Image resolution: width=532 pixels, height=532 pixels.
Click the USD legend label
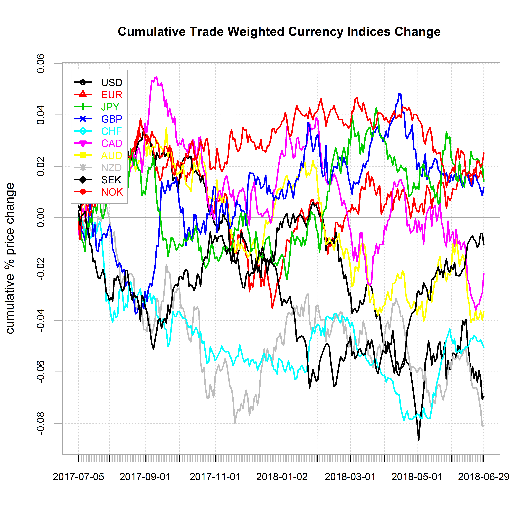pyautogui.click(x=111, y=83)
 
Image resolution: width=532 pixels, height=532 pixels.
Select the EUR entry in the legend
pyautogui.click(x=111, y=95)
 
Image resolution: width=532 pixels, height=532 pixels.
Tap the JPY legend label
pyautogui.click(x=110, y=107)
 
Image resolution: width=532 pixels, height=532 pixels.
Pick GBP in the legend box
pyautogui.click(x=111, y=119)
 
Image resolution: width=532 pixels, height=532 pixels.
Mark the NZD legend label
pyautogui.click(x=111, y=168)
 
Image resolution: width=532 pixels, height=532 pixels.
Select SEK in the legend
pyautogui.click(x=111, y=180)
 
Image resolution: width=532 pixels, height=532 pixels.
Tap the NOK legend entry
pyautogui.click(x=112, y=192)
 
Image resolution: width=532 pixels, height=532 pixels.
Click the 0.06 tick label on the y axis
pyautogui.click(x=41, y=64)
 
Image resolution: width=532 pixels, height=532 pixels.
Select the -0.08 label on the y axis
pyautogui.click(x=41, y=423)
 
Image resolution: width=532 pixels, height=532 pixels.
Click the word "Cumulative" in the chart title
pyautogui.click(x=151, y=32)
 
